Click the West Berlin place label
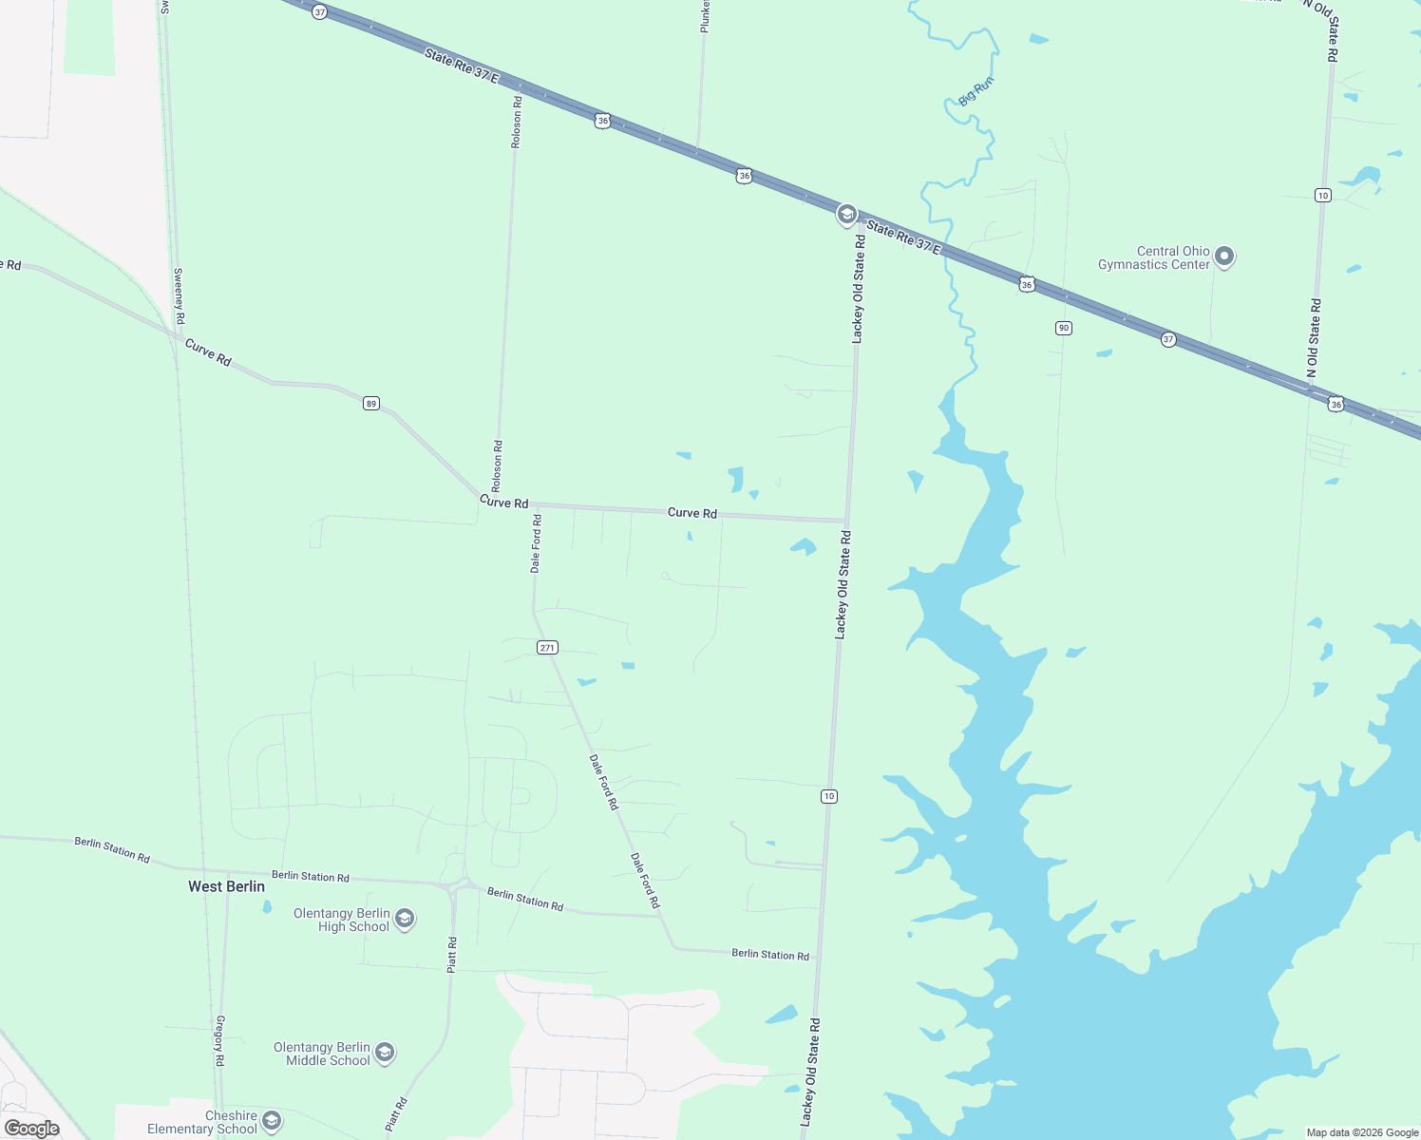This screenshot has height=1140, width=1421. pos(226,886)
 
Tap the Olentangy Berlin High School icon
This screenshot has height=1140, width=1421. pos(405,919)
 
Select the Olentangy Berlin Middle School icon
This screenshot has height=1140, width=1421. pos(385,1053)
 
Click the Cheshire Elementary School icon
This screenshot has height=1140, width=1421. pos(272,1121)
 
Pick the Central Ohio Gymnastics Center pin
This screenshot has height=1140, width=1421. pos(1225,256)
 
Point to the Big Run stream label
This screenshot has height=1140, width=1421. pos(976,91)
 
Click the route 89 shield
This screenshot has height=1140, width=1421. pos(371,404)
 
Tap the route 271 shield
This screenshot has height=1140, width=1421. pos(547,648)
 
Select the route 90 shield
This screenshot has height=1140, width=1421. pos(1064,328)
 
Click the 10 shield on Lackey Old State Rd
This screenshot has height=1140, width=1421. pos(829,796)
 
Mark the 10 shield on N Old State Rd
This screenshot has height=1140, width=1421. pos(1323,196)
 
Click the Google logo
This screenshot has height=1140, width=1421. pos(32,1129)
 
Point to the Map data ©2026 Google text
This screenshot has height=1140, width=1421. pos(1362,1132)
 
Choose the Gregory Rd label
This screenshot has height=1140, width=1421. pos(219,1040)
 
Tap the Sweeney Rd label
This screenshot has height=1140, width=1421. pos(179,295)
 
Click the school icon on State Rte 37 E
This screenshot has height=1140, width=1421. pos(846,215)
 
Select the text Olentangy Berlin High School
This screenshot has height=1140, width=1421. pos(341,920)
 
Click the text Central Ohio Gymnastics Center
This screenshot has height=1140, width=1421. pos(1154,257)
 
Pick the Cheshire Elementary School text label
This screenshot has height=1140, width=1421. pos(202,1122)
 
